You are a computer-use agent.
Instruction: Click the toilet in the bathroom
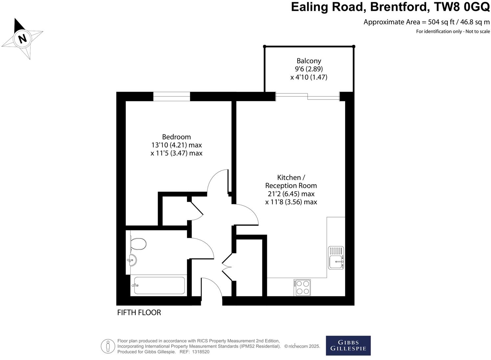138,244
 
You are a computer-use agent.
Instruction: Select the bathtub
159,285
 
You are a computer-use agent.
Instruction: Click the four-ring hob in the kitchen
302,287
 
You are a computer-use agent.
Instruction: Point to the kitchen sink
336,262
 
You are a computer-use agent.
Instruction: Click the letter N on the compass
22,39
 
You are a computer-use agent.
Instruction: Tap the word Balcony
309,61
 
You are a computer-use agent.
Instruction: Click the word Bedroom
176,137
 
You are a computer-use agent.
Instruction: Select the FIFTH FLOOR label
139,312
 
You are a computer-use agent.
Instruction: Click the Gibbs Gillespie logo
348,346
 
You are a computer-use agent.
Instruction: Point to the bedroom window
172,96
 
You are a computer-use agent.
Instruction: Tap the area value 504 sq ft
441,22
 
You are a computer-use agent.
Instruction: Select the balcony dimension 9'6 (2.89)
309,69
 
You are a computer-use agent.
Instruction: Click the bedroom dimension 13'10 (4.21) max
176,145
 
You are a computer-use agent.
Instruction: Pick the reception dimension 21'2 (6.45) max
291,194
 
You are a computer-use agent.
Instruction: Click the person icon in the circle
108,346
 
